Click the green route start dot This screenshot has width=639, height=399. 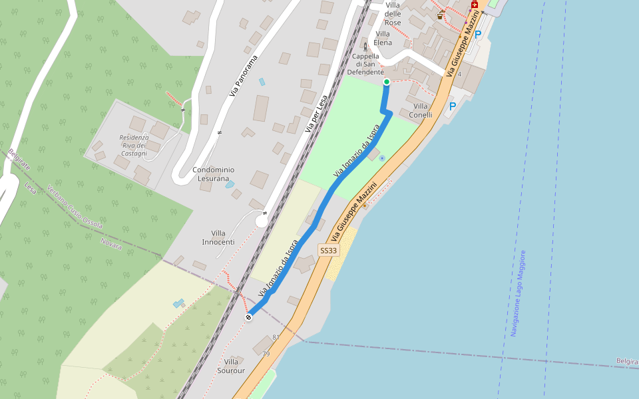pos(387,82)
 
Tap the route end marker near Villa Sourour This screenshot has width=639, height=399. pos(249,317)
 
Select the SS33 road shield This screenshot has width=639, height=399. pos(329,251)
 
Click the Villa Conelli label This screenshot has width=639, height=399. pos(423,110)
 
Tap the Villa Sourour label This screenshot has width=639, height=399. pos(231,366)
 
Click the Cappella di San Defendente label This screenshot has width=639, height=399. pos(365,64)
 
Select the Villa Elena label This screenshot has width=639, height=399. pos(383,39)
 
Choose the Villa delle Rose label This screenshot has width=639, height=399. pos(393,14)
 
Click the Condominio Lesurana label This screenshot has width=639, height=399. pos(214,174)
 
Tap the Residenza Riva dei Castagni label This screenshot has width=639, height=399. pos(134,146)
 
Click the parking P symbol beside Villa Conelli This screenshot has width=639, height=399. pos(453,106)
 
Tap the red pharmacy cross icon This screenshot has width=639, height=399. pos(475,5)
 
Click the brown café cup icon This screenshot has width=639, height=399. pos(440,13)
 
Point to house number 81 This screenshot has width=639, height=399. pos(276,338)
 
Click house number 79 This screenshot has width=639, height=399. pos(266,354)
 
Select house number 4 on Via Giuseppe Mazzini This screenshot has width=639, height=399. pos(459,74)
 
